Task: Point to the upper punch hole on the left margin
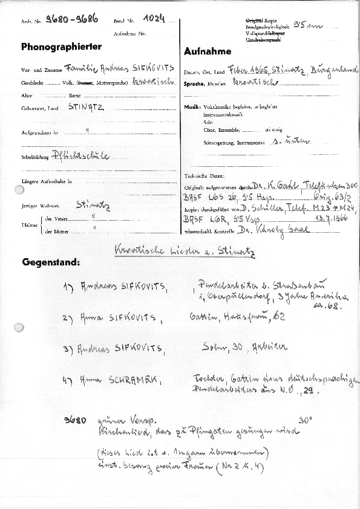coord(19,190)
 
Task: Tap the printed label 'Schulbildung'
coord(34,158)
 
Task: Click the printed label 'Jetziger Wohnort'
coord(38,206)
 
